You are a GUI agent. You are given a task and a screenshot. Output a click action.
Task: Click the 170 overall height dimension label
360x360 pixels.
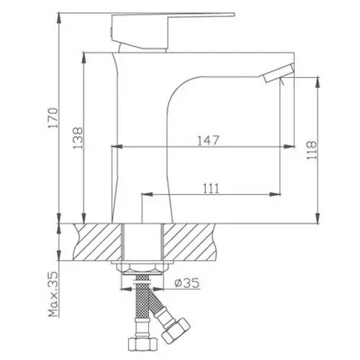click(53, 118)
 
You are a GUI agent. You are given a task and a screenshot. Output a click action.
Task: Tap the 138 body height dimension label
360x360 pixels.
click(78, 138)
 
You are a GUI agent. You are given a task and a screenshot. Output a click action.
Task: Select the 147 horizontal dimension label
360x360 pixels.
click(208, 140)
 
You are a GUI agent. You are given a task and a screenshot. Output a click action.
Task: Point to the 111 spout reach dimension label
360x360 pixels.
click(211, 189)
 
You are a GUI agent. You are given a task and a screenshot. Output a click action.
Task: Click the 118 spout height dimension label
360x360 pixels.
click(312, 150)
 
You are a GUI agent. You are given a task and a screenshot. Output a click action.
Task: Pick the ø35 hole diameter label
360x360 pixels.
click(187, 283)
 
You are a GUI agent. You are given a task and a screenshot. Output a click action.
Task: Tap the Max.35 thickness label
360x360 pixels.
click(53, 294)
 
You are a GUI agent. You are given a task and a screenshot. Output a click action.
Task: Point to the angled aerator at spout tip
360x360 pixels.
click(279, 73)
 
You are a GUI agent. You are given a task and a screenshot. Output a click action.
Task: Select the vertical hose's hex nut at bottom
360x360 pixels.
click(143, 344)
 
